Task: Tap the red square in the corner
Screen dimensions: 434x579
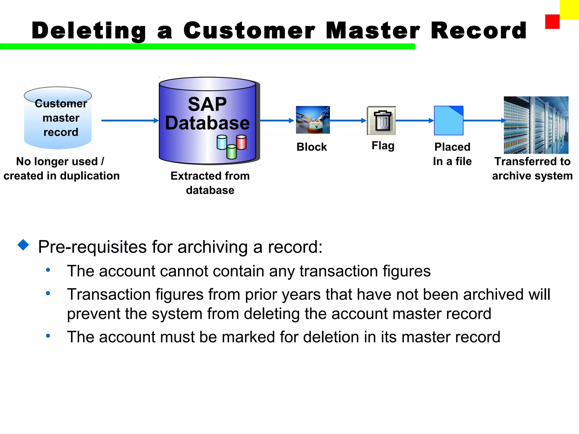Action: point(552,22)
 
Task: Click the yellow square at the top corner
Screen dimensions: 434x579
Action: point(569,9)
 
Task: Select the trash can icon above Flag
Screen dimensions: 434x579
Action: point(381,121)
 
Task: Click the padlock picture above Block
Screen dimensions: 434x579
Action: point(313,120)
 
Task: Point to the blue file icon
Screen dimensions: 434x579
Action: point(448,121)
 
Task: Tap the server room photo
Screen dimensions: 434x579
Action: point(536,125)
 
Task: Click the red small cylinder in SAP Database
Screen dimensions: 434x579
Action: point(241,142)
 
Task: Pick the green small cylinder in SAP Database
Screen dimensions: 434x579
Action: point(232,152)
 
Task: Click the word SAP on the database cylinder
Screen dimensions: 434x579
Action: point(207,104)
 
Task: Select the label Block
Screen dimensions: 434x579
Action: point(312,147)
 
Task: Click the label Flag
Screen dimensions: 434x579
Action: point(383,146)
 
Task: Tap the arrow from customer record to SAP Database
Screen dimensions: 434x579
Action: point(129,121)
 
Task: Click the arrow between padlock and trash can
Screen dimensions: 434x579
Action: point(348,121)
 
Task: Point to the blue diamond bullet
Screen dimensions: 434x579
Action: point(23,245)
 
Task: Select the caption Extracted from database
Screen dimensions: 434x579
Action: point(210,183)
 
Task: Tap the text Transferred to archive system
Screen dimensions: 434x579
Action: point(532,168)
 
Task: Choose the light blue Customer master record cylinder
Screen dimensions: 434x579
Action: point(58,119)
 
